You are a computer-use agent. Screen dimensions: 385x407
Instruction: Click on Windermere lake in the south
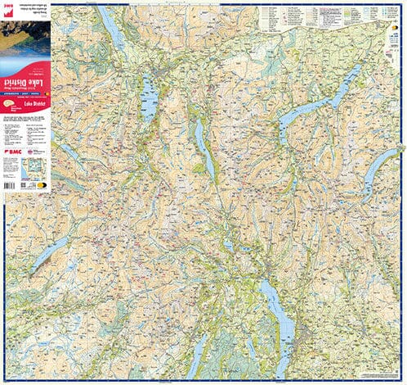[267, 307]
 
